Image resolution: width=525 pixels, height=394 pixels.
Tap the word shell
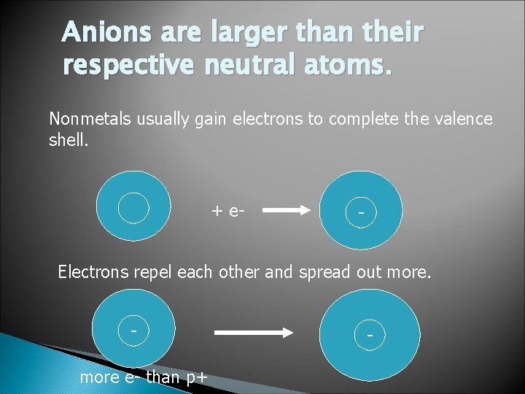[x=68, y=140]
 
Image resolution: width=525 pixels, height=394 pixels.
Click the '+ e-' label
[x=227, y=211]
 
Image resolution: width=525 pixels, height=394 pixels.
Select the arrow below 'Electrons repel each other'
[x=252, y=333]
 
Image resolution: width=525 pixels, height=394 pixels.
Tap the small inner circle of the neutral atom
[x=133, y=206]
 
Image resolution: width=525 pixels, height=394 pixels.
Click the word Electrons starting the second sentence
[x=93, y=273]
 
